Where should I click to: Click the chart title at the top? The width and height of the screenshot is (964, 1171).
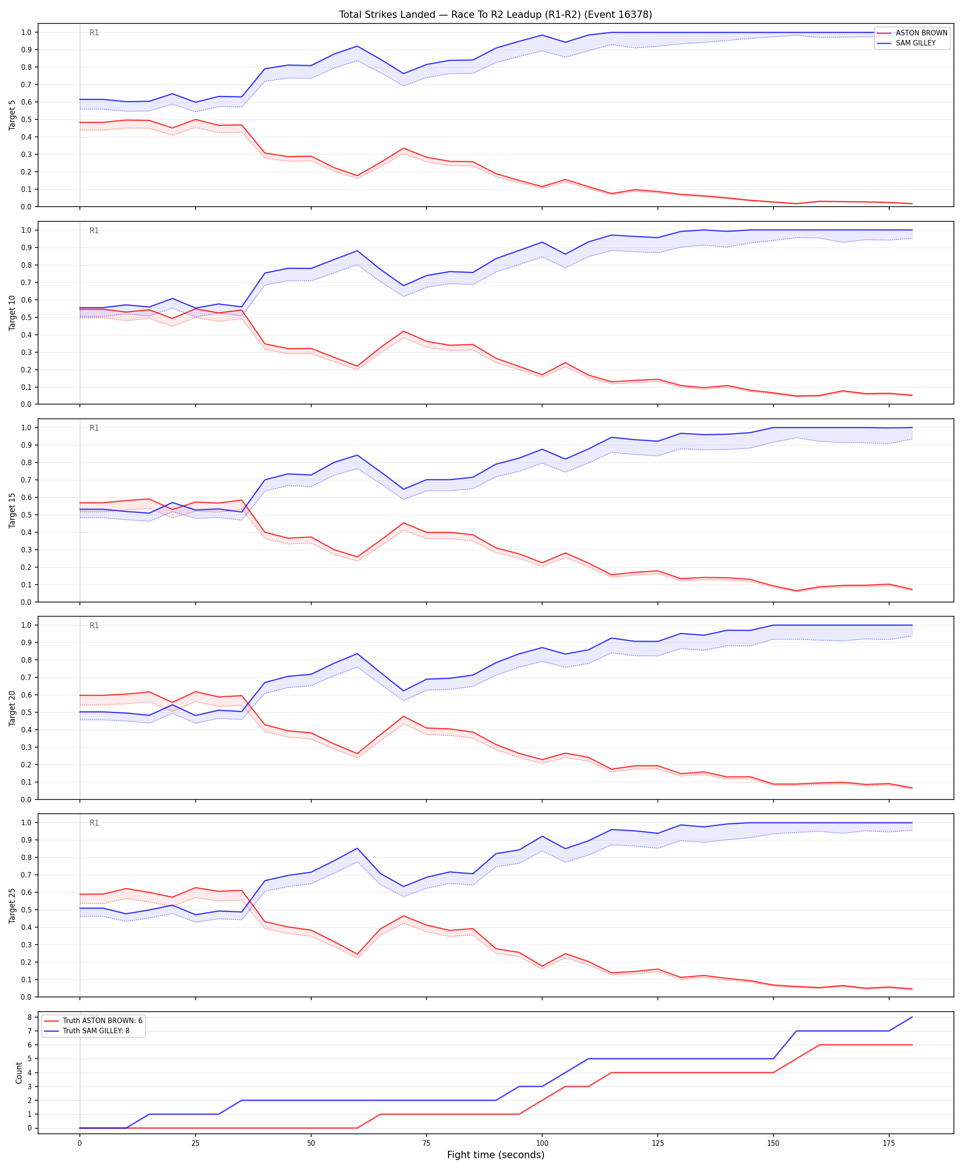click(x=495, y=14)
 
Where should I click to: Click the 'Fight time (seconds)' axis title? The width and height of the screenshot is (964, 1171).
click(x=495, y=1155)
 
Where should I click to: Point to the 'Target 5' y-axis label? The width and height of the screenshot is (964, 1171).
click(x=12, y=115)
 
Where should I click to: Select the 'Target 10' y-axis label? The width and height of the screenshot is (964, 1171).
click(x=12, y=313)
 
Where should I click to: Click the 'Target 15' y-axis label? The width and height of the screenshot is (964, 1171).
click(x=12, y=510)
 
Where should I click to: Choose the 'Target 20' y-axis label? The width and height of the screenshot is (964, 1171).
click(x=12, y=708)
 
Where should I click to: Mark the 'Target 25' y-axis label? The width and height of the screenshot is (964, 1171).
click(x=12, y=906)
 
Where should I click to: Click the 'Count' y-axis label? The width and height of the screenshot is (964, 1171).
click(x=19, y=1073)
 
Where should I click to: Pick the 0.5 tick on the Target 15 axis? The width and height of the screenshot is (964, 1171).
click(x=27, y=515)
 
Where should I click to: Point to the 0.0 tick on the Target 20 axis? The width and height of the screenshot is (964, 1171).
click(x=27, y=799)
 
